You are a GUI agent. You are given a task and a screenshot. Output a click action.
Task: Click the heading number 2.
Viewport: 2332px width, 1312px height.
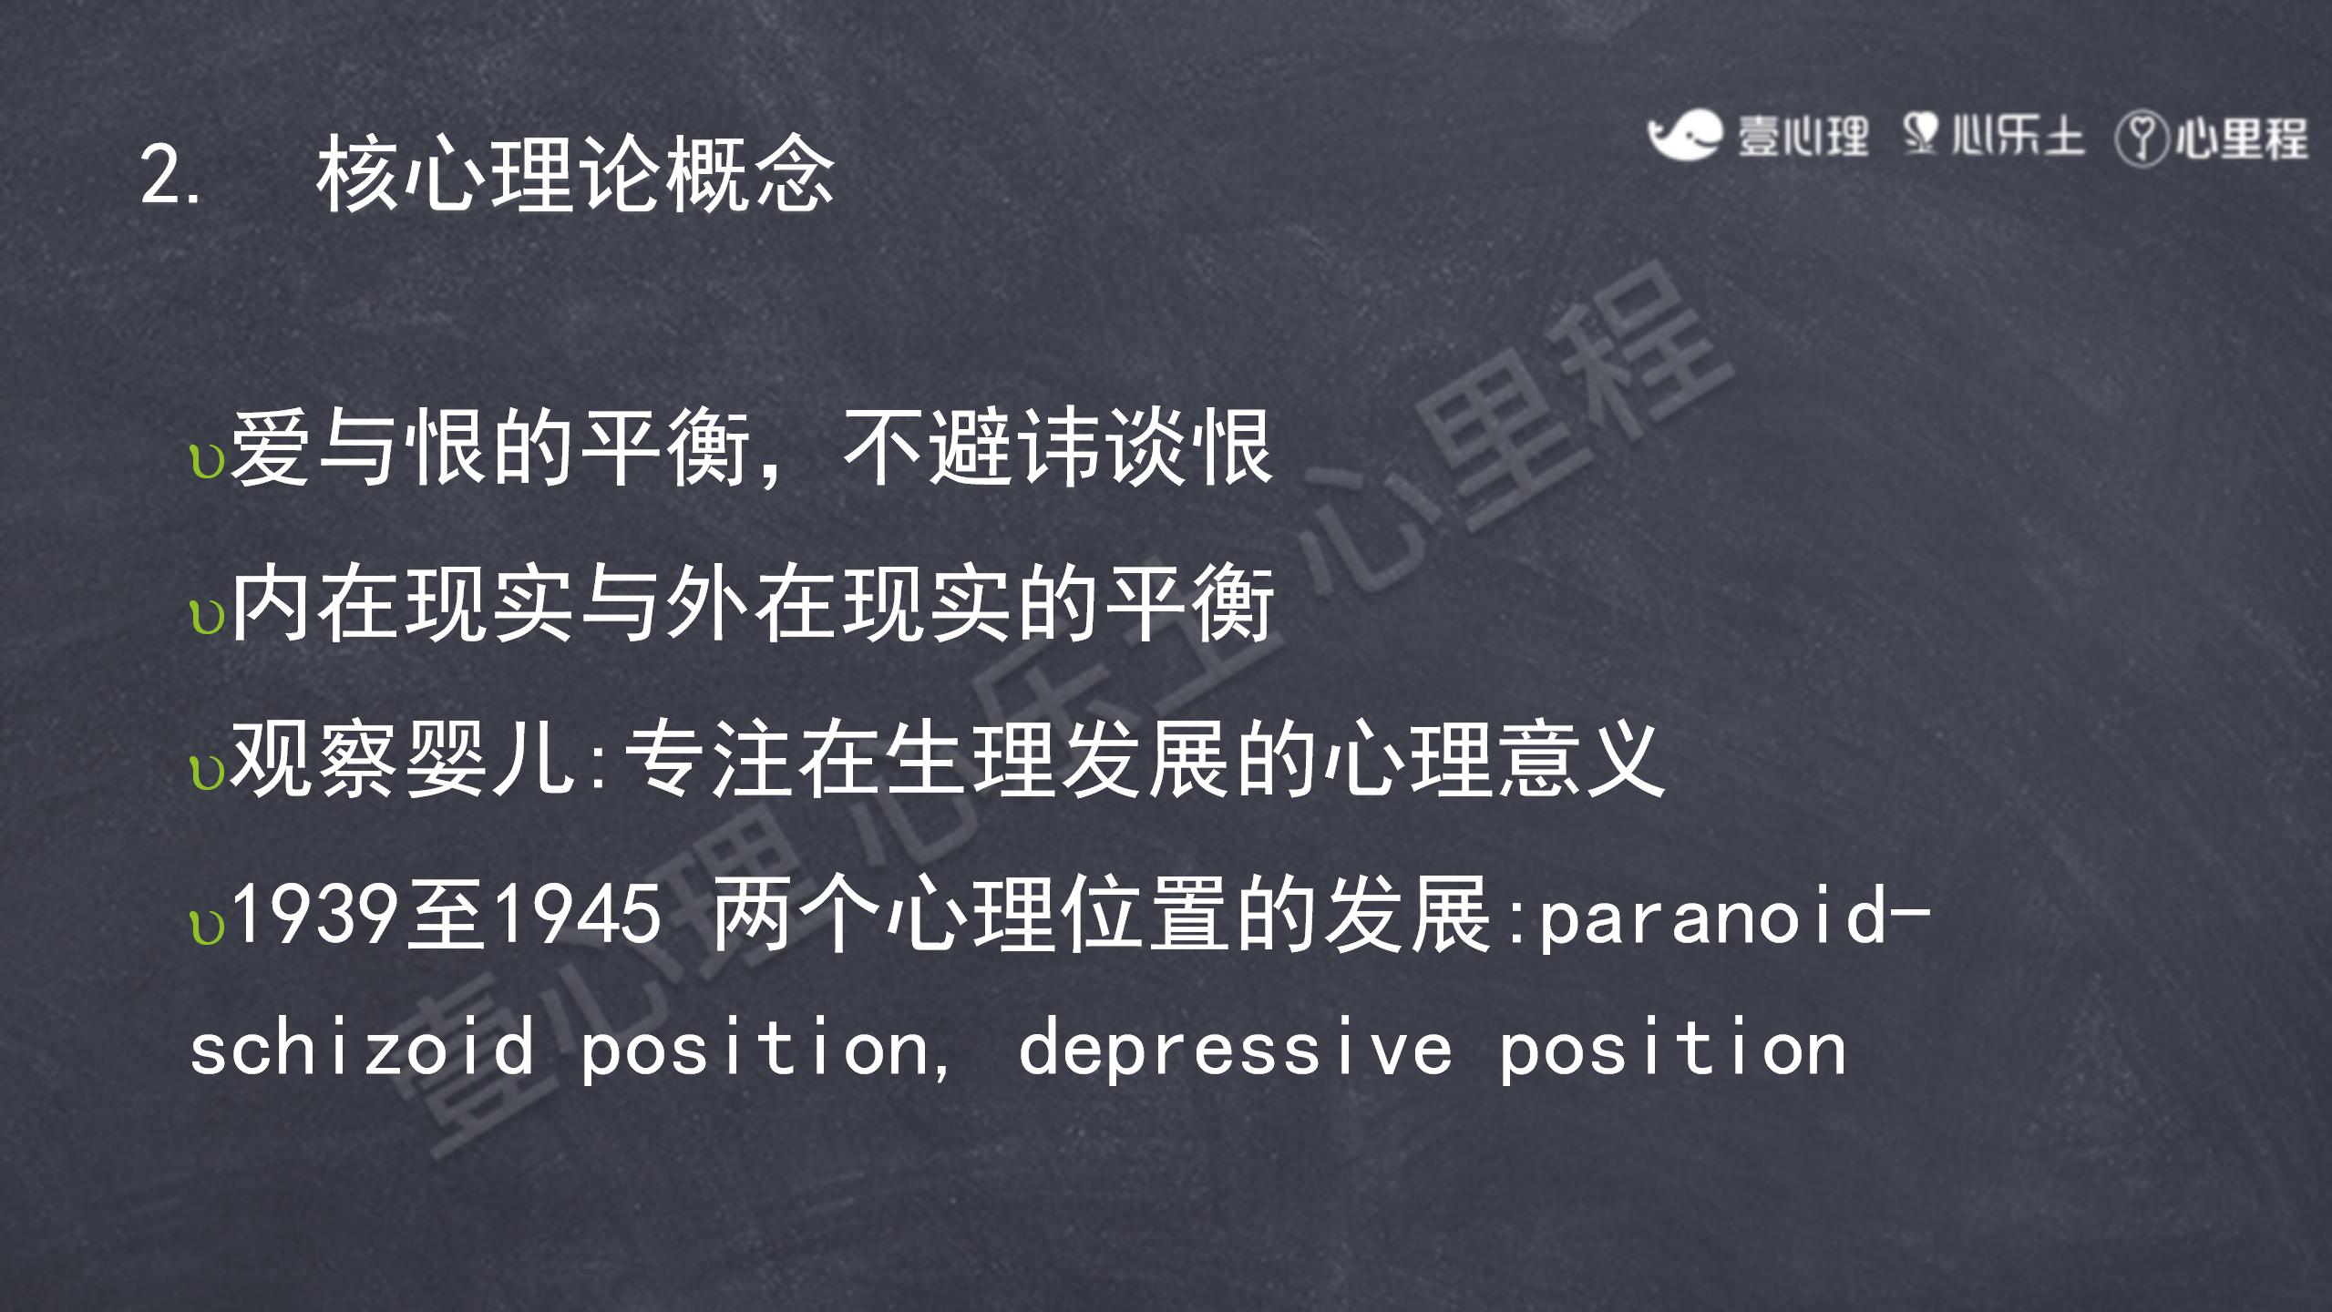pos(170,175)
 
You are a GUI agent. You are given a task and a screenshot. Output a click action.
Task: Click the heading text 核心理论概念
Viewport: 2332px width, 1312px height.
pos(575,173)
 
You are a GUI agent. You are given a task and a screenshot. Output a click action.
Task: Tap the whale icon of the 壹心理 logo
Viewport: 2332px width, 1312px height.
pos(1684,135)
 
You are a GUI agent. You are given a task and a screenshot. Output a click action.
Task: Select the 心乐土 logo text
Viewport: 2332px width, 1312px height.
pos(2017,137)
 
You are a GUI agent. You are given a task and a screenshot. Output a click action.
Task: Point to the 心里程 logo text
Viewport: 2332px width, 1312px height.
pos(2241,139)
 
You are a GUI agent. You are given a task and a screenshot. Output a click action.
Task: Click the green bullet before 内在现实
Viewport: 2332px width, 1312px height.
pos(207,618)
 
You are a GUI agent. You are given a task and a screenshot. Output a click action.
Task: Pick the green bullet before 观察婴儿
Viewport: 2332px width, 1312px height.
pos(207,773)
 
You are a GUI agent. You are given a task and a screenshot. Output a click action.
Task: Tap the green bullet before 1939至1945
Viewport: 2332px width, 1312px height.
pos(207,928)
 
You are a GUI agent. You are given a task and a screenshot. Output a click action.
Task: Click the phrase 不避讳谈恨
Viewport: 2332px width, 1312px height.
pos(1057,447)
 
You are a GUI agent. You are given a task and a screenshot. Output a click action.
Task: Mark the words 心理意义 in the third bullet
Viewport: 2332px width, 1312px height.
pos(1495,758)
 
